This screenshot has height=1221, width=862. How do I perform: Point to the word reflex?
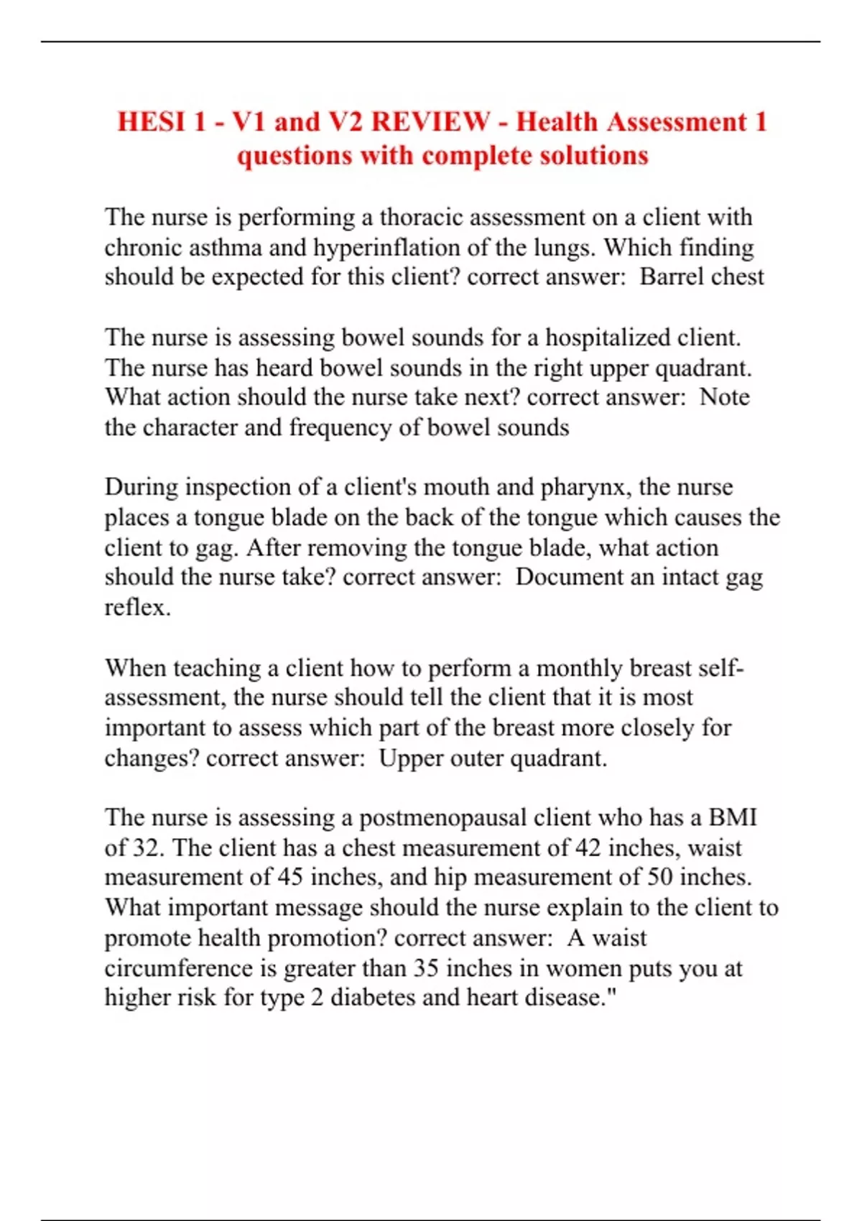click(x=136, y=608)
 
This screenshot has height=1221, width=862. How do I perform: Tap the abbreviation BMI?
click(x=733, y=818)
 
